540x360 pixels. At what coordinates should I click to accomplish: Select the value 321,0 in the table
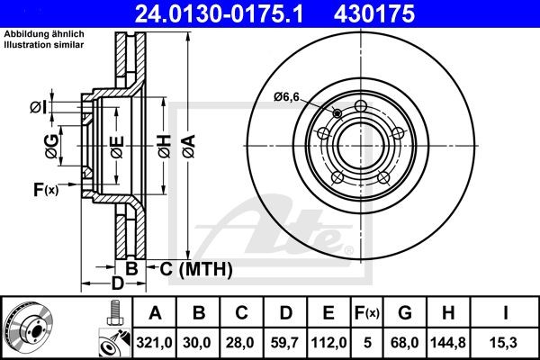point(154,340)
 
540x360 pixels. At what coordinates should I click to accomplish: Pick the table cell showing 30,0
point(198,340)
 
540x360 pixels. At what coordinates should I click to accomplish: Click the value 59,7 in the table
point(286,340)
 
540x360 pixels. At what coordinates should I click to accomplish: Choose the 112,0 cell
point(329,340)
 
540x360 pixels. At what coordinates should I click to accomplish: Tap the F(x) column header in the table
point(366,313)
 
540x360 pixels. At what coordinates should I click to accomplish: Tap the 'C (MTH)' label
point(197,268)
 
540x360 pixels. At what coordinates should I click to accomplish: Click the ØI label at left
point(37,107)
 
